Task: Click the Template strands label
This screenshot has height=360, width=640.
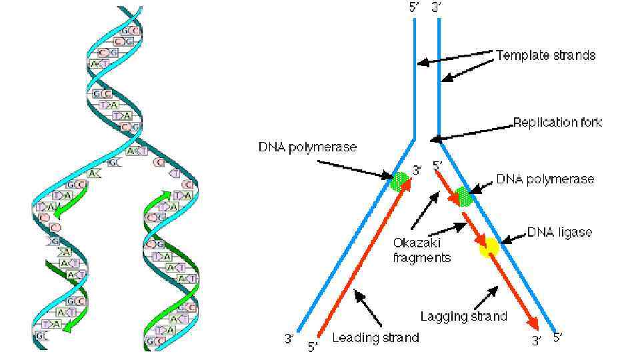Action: (545, 55)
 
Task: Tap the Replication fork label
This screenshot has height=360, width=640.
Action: (557, 123)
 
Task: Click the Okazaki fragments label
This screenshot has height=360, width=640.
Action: (421, 250)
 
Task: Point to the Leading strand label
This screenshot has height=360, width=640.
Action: (375, 337)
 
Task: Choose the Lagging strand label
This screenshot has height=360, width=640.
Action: (463, 316)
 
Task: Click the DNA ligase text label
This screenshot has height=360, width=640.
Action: (559, 232)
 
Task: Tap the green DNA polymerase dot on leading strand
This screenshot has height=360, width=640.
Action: (399, 180)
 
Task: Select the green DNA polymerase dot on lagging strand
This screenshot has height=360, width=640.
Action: (463, 196)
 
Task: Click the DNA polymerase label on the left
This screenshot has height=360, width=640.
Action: (307, 147)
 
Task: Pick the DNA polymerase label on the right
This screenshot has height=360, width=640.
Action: (545, 179)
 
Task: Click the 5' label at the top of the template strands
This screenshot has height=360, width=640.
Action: (415, 8)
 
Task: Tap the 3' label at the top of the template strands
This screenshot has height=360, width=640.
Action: (437, 8)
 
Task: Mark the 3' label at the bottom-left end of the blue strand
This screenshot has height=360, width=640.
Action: (289, 338)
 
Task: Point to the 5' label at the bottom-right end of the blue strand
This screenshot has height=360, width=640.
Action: (558, 337)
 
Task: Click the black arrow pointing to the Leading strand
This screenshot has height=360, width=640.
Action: (367, 307)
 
